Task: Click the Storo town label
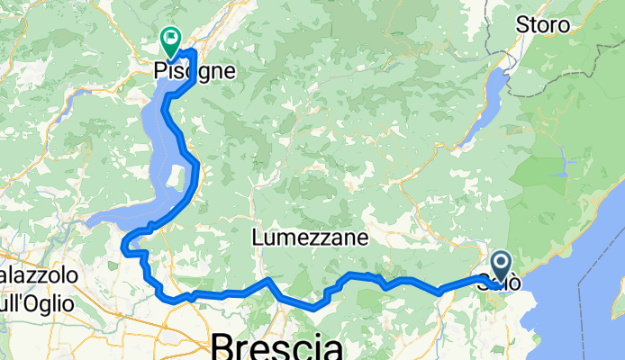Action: point(542,24)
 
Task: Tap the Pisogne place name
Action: point(195,69)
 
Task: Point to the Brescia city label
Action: point(277,346)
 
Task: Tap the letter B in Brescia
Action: point(222,347)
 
